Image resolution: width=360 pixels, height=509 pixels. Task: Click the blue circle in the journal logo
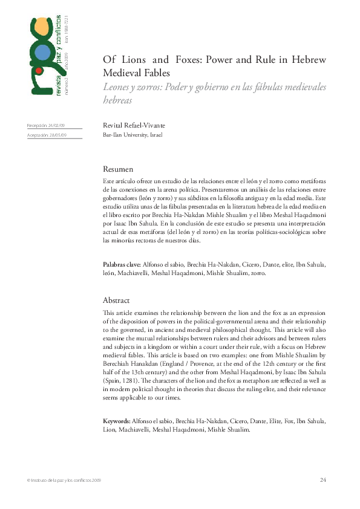coord(42,53)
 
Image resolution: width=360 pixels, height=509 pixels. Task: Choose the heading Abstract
coord(117,300)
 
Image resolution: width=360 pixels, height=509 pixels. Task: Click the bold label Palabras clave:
coord(122,265)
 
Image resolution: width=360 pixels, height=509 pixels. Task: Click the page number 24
coord(322,479)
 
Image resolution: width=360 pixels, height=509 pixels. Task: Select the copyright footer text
coord(64,480)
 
